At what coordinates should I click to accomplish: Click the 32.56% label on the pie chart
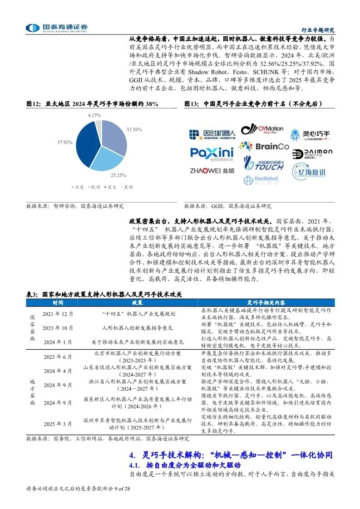(x=134, y=129)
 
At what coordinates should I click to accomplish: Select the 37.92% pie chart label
(x=65, y=142)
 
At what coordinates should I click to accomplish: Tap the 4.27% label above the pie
(x=94, y=115)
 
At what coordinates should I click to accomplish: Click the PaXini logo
(x=212, y=153)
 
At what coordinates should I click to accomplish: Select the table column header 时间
(x=58, y=303)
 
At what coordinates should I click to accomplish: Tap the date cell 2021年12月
(x=58, y=313)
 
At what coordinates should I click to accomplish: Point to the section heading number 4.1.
(x=135, y=465)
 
